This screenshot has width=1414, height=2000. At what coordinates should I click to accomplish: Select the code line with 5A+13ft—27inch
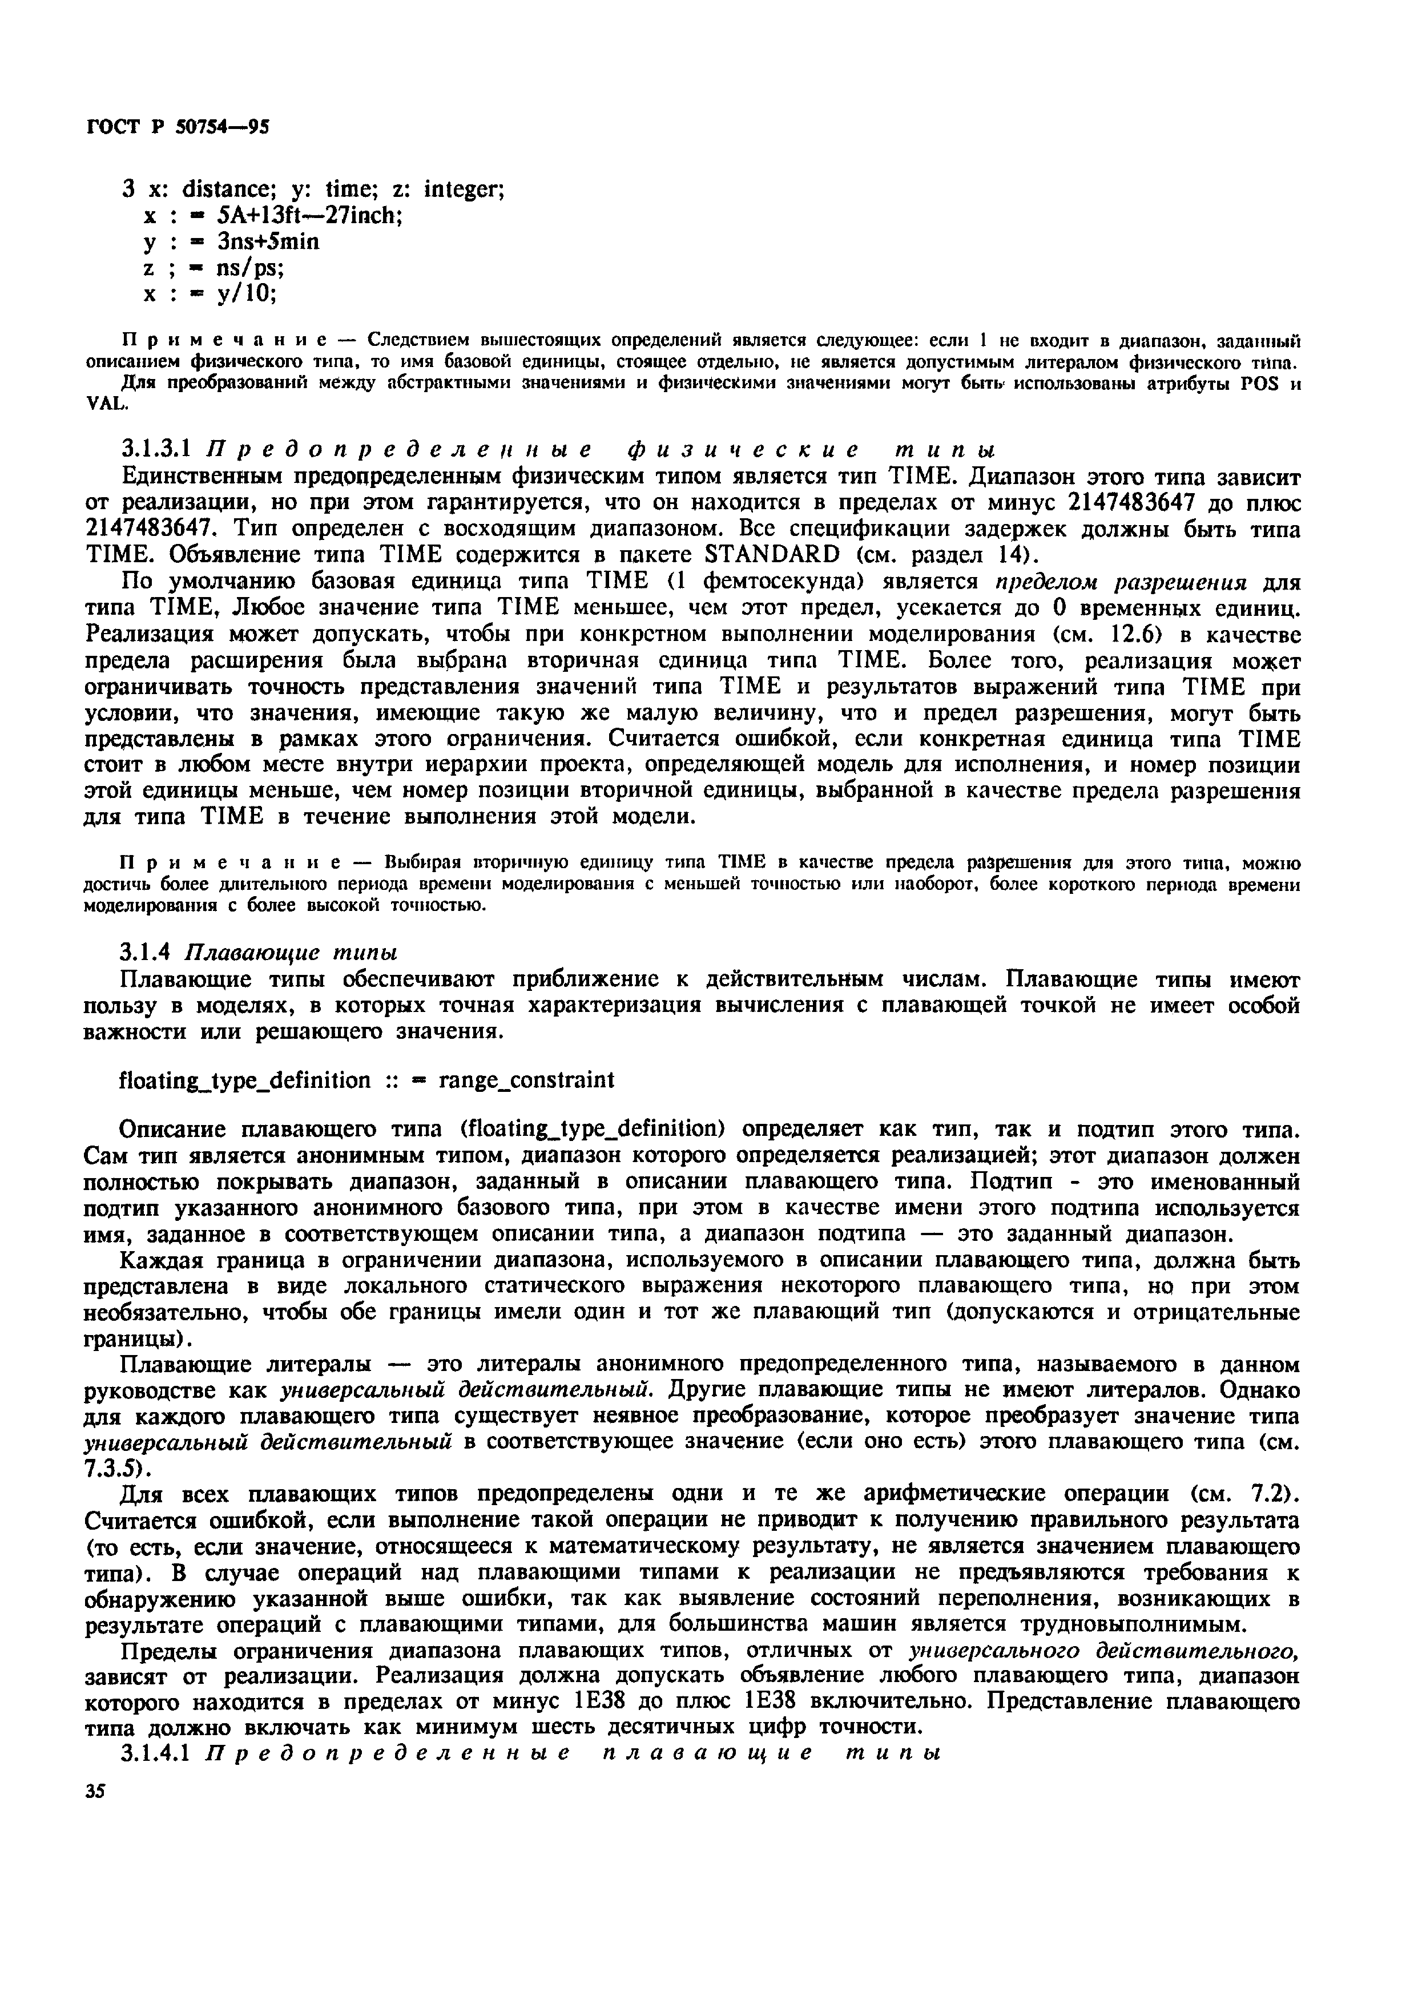273,215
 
